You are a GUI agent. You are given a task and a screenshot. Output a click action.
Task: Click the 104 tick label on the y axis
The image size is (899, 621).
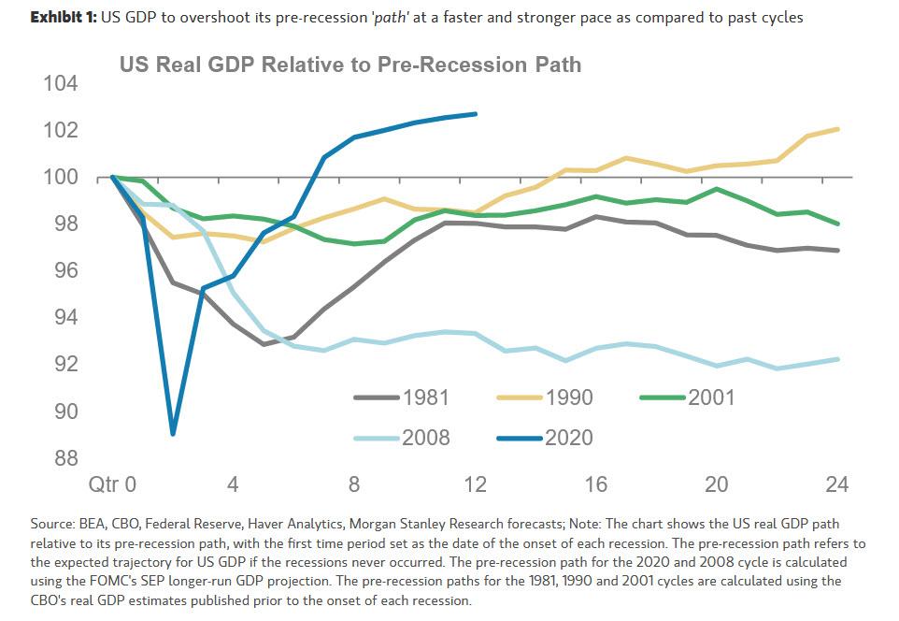pos(60,84)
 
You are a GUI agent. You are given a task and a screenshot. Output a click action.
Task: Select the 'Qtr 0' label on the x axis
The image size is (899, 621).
pos(112,484)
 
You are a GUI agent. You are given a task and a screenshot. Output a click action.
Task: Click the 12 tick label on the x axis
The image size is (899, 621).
pos(475,484)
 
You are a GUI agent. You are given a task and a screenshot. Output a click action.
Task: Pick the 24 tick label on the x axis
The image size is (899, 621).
pos(837,484)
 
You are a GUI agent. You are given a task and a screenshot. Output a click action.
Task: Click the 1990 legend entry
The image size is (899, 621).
pos(568,397)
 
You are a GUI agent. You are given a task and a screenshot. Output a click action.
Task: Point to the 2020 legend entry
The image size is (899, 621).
pos(568,437)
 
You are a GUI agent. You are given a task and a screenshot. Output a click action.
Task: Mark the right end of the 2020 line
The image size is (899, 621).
pos(476,114)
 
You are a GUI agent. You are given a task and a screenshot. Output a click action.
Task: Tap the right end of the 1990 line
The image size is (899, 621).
pos(837,129)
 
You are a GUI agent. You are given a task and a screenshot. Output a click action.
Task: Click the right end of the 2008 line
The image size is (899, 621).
pos(837,359)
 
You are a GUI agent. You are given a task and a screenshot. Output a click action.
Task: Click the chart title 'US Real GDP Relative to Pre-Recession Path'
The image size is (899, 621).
pos(350,65)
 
